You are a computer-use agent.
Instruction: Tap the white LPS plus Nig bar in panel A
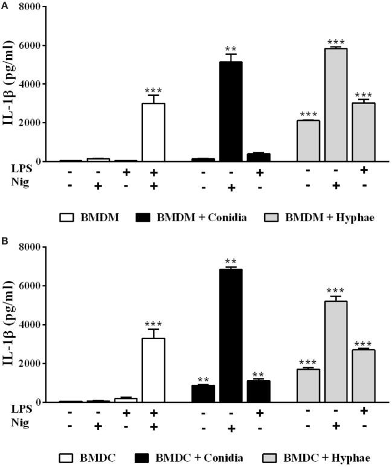[x=153, y=132]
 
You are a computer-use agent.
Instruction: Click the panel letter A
[x=4, y=4]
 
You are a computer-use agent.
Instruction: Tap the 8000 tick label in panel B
[x=34, y=247]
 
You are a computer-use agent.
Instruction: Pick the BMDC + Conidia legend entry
[x=199, y=457]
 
